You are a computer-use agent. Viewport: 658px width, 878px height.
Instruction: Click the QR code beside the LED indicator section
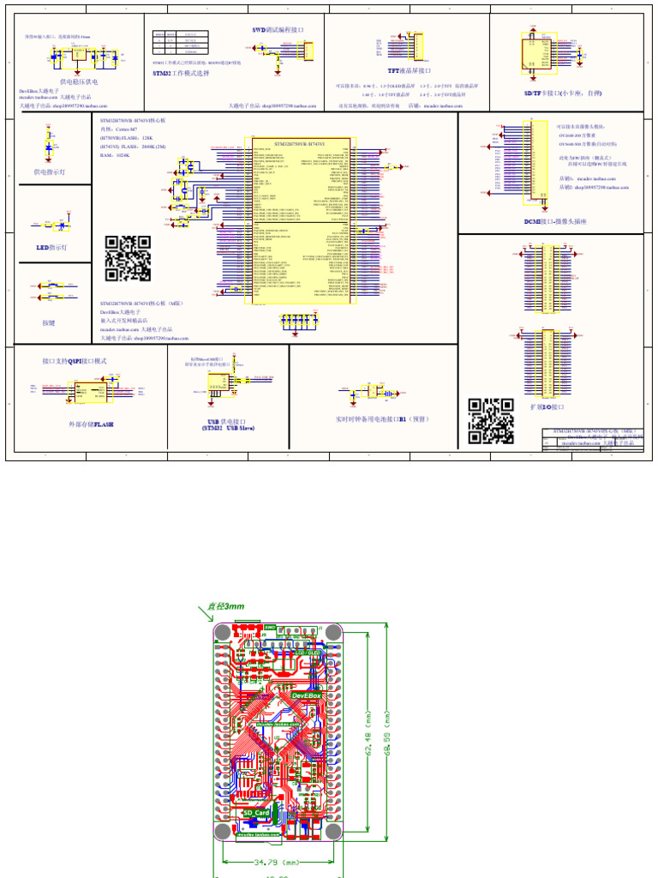[x=128, y=259]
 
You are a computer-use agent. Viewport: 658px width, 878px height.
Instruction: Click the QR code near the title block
[x=491, y=421]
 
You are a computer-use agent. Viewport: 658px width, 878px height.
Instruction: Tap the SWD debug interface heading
[x=278, y=29]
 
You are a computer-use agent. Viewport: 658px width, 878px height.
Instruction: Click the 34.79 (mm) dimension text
[x=275, y=862]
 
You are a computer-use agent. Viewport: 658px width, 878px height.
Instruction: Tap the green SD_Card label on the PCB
[x=256, y=812]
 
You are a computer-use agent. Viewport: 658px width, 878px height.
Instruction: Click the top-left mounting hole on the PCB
[x=223, y=632]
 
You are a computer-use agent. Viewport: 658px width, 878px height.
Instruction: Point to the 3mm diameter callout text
[x=224, y=606]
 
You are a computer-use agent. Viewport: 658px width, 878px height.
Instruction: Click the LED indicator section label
[x=51, y=247]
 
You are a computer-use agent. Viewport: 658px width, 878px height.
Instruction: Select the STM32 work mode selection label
[x=181, y=74]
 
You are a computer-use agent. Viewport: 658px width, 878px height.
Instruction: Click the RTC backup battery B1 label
[x=382, y=419]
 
